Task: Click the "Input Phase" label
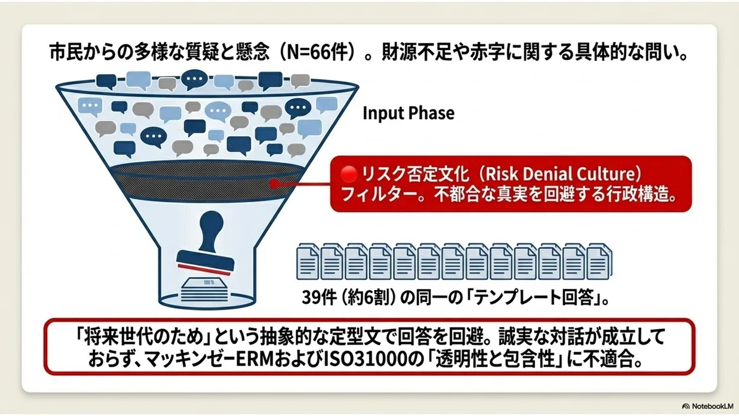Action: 408,113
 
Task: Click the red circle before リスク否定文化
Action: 349,174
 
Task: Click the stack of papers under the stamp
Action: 204,290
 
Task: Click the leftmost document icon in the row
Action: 307,261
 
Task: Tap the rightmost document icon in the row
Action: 599,261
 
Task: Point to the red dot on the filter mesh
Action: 274,184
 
